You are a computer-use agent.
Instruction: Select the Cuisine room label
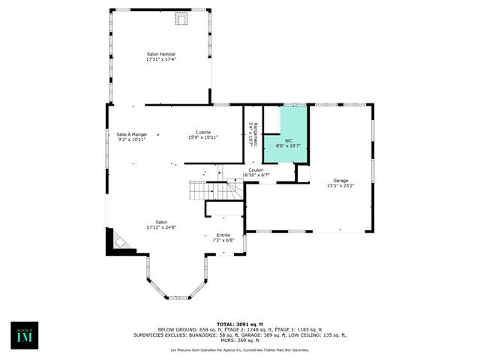point(203,132)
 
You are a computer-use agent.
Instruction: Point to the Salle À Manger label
point(131,134)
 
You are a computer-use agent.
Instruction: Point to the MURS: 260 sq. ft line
point(239,340)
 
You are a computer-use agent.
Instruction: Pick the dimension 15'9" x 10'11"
point(203,137)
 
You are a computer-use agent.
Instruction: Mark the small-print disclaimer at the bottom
point(239,350)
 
